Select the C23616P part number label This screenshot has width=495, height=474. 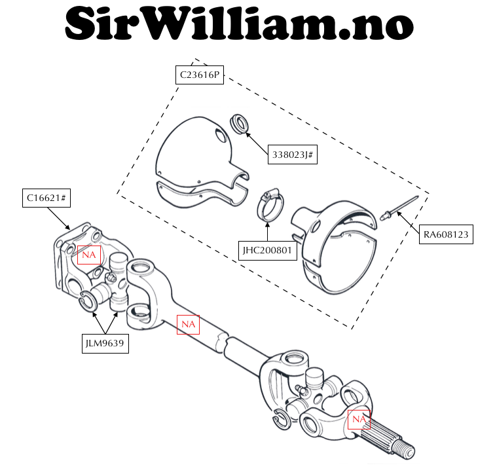(x=200, y=75)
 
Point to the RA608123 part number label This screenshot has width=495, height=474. (x=445, y=234)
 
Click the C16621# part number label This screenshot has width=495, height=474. (x=45, y=197)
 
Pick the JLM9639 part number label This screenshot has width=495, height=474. (x=105, y=342)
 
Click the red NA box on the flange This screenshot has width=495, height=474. (x=88, y=254)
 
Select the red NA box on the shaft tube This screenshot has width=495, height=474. (x=189, y=324)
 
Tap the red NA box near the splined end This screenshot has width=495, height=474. (x=359, y=419)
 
